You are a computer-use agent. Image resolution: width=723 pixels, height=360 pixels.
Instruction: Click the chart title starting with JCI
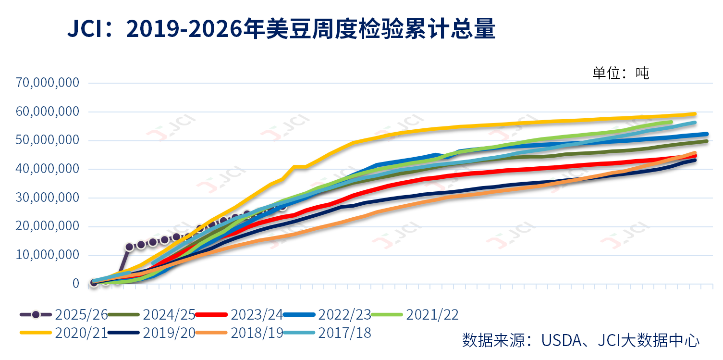click(x=281, y=30)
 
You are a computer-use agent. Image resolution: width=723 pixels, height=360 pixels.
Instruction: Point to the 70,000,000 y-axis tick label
click(x=48, y=83)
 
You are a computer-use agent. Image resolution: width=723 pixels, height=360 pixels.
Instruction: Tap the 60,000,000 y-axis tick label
click(x=48, y=112)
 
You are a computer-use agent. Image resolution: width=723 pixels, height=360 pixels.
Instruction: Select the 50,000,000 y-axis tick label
click(x=48, y=140)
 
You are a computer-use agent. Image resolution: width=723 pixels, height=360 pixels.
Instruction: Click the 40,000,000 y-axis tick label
click(x=48, y=169)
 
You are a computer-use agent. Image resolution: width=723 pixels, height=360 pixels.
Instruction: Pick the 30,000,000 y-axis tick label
click(x=48, y=198)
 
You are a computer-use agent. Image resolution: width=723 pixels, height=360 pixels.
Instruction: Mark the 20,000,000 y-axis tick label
click(x=48, y=226)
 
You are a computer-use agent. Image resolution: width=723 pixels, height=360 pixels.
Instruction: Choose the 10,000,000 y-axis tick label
click(x=48, y=255)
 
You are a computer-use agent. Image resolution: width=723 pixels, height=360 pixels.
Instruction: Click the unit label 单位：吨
click(x=621, y=73)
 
